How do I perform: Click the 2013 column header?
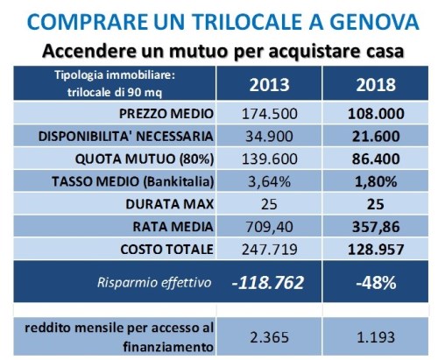pos(269,85)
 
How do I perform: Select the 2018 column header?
pos(376,85)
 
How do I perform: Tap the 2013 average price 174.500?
pos(270,114)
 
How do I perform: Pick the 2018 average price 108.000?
pos(376,114)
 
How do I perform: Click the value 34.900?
pos(269,137)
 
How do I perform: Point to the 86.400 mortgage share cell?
pos(376,159)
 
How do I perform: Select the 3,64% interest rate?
pos(269,181)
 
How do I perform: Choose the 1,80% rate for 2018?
pos(376,181)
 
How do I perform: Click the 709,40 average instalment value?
pos(269,227)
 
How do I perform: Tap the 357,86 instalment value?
pos(376,227)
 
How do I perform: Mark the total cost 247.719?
pos(270,250)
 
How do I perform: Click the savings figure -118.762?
pos(268,283)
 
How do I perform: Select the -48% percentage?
pos(376,283)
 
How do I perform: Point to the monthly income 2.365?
pos(269,337)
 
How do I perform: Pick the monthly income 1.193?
pos(376,337)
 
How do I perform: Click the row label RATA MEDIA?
pos(173,227)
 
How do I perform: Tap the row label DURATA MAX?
pos(170,204)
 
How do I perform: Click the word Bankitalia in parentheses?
pos(179,181)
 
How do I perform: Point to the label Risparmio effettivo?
pos(154,283)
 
